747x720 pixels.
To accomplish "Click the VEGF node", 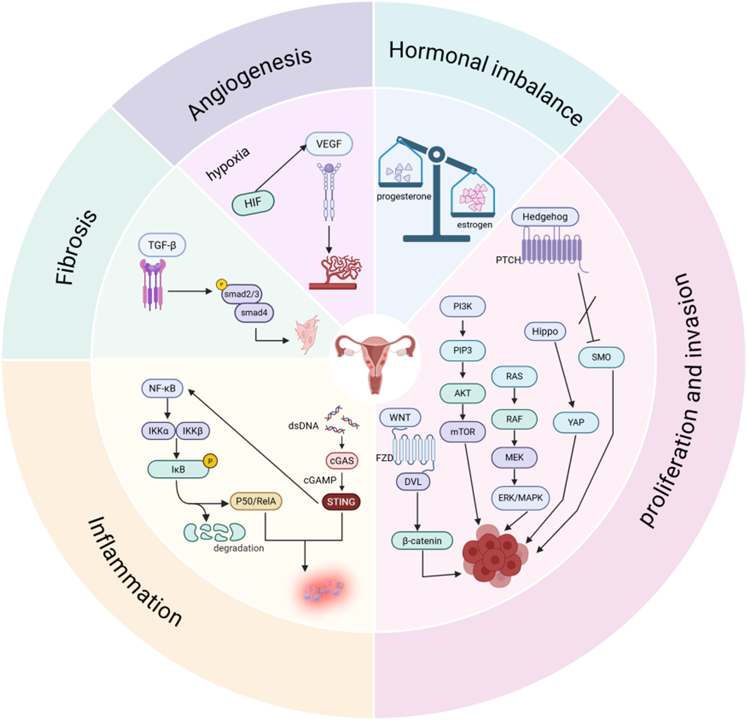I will [x=329, y=144].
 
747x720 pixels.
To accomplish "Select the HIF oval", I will [x=253, y=203].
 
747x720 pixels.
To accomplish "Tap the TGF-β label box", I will [x=162, y=245].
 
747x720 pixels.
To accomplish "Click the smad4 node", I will [x=254, y=313].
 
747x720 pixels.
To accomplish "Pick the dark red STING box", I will [x=341, y=502].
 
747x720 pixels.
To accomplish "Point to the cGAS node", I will [x=342, y=461].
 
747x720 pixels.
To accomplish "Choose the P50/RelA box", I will [x=256, y=501].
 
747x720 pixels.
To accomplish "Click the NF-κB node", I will [x=162, y=388].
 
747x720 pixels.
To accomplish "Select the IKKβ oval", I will [x=192, y=431].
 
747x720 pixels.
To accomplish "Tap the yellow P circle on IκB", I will [x=210, y=461].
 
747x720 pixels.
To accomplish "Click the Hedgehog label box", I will [x=545, y=217].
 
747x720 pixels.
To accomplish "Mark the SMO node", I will [x=601, y=357].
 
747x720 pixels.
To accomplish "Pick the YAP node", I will [x=576, y=422].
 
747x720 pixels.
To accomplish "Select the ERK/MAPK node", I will [x=520, y=497].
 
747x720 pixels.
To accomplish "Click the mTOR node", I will [x=462, y=432].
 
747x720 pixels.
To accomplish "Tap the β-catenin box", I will [x=422, y=541].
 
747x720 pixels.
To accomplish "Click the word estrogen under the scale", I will [x=474, y=225].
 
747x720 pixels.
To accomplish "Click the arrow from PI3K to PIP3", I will [x=462, y=328].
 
